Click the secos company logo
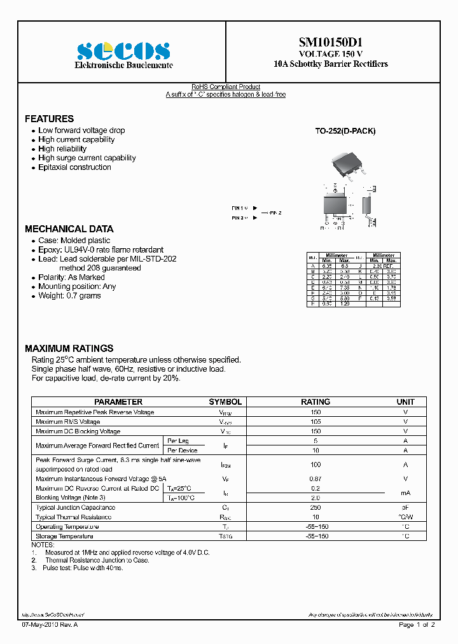123,50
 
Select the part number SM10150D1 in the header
330,43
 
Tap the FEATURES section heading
49,119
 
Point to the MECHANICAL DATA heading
69,229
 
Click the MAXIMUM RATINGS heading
69,349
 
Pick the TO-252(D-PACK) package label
345,131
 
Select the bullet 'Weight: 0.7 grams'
69,296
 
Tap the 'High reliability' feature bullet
62,149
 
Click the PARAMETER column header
118,402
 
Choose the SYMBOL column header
225,402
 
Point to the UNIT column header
405,402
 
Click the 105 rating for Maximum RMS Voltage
316,422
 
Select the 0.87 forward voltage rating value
316,479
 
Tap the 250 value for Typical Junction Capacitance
316,508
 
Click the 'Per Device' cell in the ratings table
182,451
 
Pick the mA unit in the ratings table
405,493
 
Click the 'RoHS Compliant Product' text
226,87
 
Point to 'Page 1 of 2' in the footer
417,626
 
